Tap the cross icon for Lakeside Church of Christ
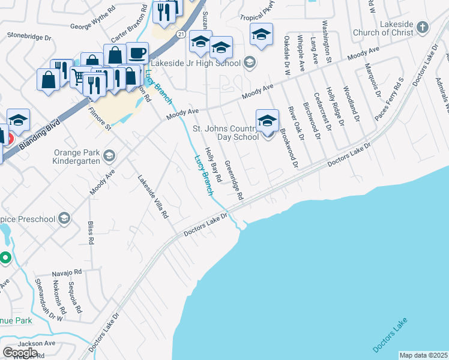423,27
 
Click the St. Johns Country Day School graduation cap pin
267,121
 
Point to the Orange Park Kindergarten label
71,157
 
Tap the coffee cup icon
137,53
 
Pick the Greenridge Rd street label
234,180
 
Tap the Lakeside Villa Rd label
153,196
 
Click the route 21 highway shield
180,34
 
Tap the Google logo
20,352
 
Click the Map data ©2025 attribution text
423,355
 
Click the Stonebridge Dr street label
29,36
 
